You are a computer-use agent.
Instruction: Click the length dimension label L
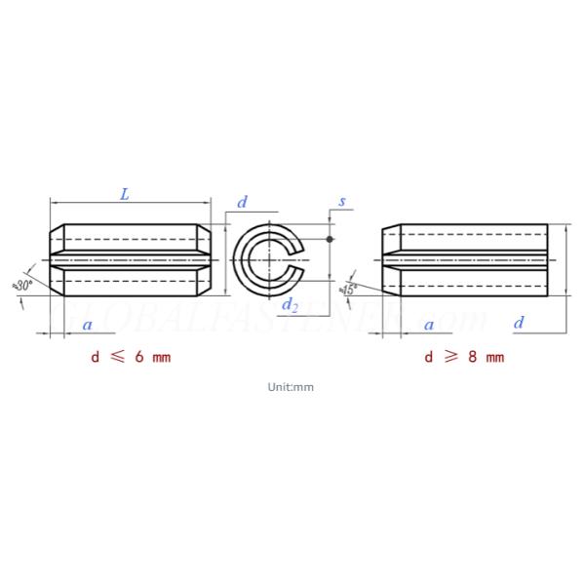[x=124, y=194]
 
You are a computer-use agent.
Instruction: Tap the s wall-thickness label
[x=341, y=202]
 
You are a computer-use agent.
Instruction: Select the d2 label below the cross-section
[x=290, y=306]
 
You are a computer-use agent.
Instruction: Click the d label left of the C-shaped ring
[x=242, y=202]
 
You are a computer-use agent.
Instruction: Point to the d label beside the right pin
[x=519, y=323]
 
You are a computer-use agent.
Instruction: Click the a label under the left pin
[x=88, y=324]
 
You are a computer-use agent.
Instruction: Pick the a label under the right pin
[x=429, y=324]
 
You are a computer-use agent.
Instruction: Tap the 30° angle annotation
[x=21, y=285]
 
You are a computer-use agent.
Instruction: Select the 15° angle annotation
[x=348, y=289]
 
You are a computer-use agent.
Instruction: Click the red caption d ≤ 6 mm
[x=131, y=357]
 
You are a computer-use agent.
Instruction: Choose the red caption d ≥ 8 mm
[x=464, y=357]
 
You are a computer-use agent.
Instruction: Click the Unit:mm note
[x=291, y=387]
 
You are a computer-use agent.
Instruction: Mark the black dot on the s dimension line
[x=330, y=239]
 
